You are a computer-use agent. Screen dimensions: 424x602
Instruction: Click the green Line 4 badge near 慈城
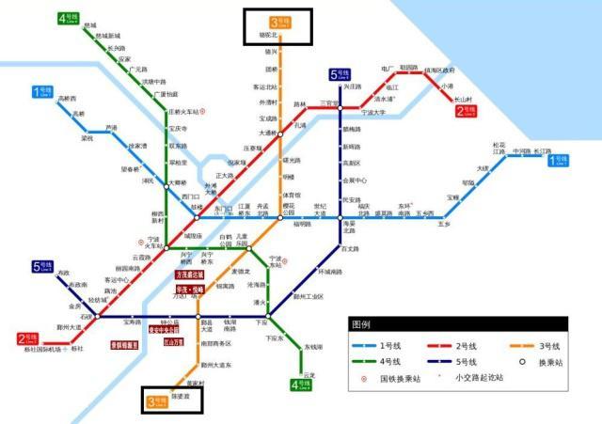pyautogui.click(x=68, y=18)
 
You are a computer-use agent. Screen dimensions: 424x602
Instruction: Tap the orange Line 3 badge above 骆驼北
pyautogui.click(x=278, y=22)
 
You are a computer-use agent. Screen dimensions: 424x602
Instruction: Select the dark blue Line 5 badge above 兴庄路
pyautogui.click(x=339, y=74)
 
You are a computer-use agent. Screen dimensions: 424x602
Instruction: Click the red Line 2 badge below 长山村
pyautogui.click(x=467, y=111)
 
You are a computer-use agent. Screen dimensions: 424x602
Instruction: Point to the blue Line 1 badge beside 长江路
pyautogui.click(x=559, y=161)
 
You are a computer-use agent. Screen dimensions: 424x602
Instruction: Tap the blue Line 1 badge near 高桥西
pyautogui.click(x=43, y=91)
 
